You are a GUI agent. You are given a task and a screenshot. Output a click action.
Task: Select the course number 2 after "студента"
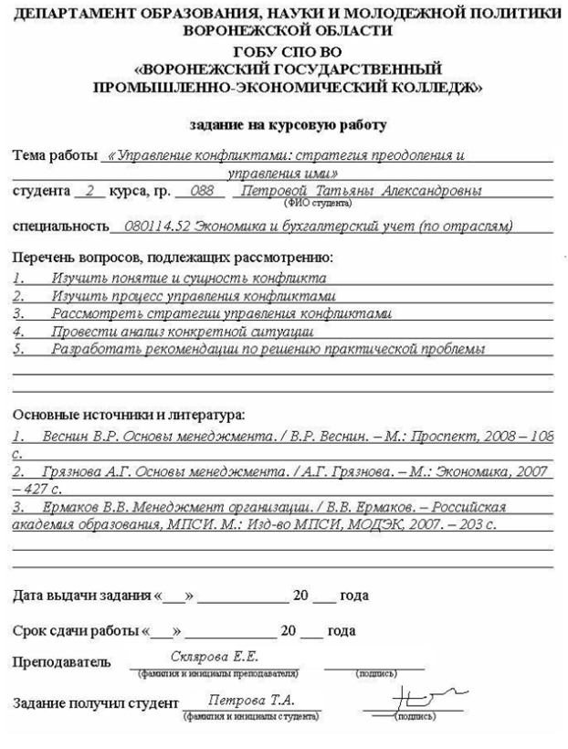88,191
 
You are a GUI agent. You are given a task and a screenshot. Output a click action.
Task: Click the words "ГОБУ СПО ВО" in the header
283,52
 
